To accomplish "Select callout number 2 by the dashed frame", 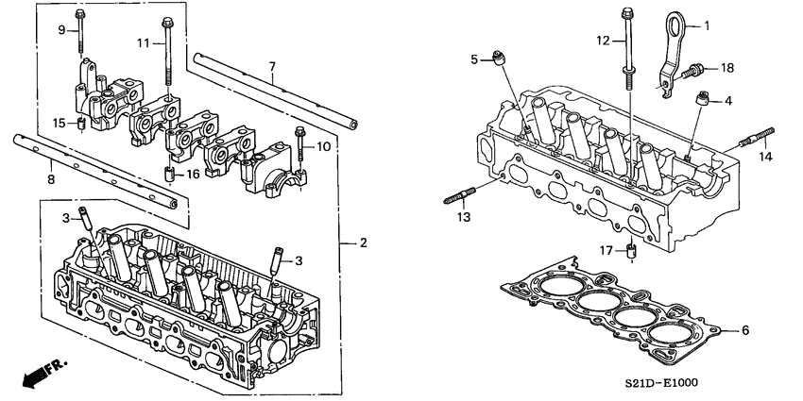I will coord(362,243).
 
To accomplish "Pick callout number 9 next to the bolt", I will coord(61,30).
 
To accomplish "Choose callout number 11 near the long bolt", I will coord(144,42).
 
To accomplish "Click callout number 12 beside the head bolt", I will coord(603,41).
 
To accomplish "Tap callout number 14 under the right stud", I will coord(765,156).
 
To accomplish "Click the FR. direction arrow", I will coord(37,373).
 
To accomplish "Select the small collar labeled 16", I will coord(169,175).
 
